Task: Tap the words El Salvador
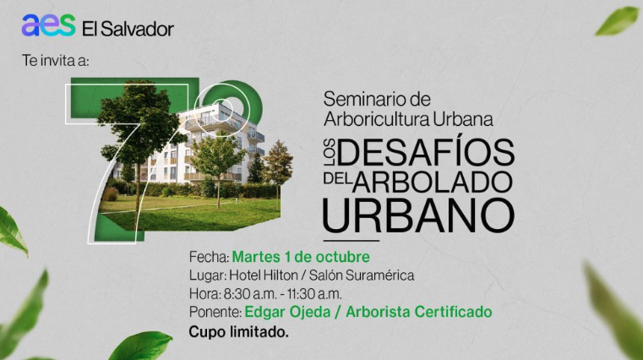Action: (128, 29)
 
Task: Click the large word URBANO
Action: (418, 215)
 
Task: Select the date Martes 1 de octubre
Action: (301, 256)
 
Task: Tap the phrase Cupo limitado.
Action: (239, 332)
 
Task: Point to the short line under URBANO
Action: (351, 240)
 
